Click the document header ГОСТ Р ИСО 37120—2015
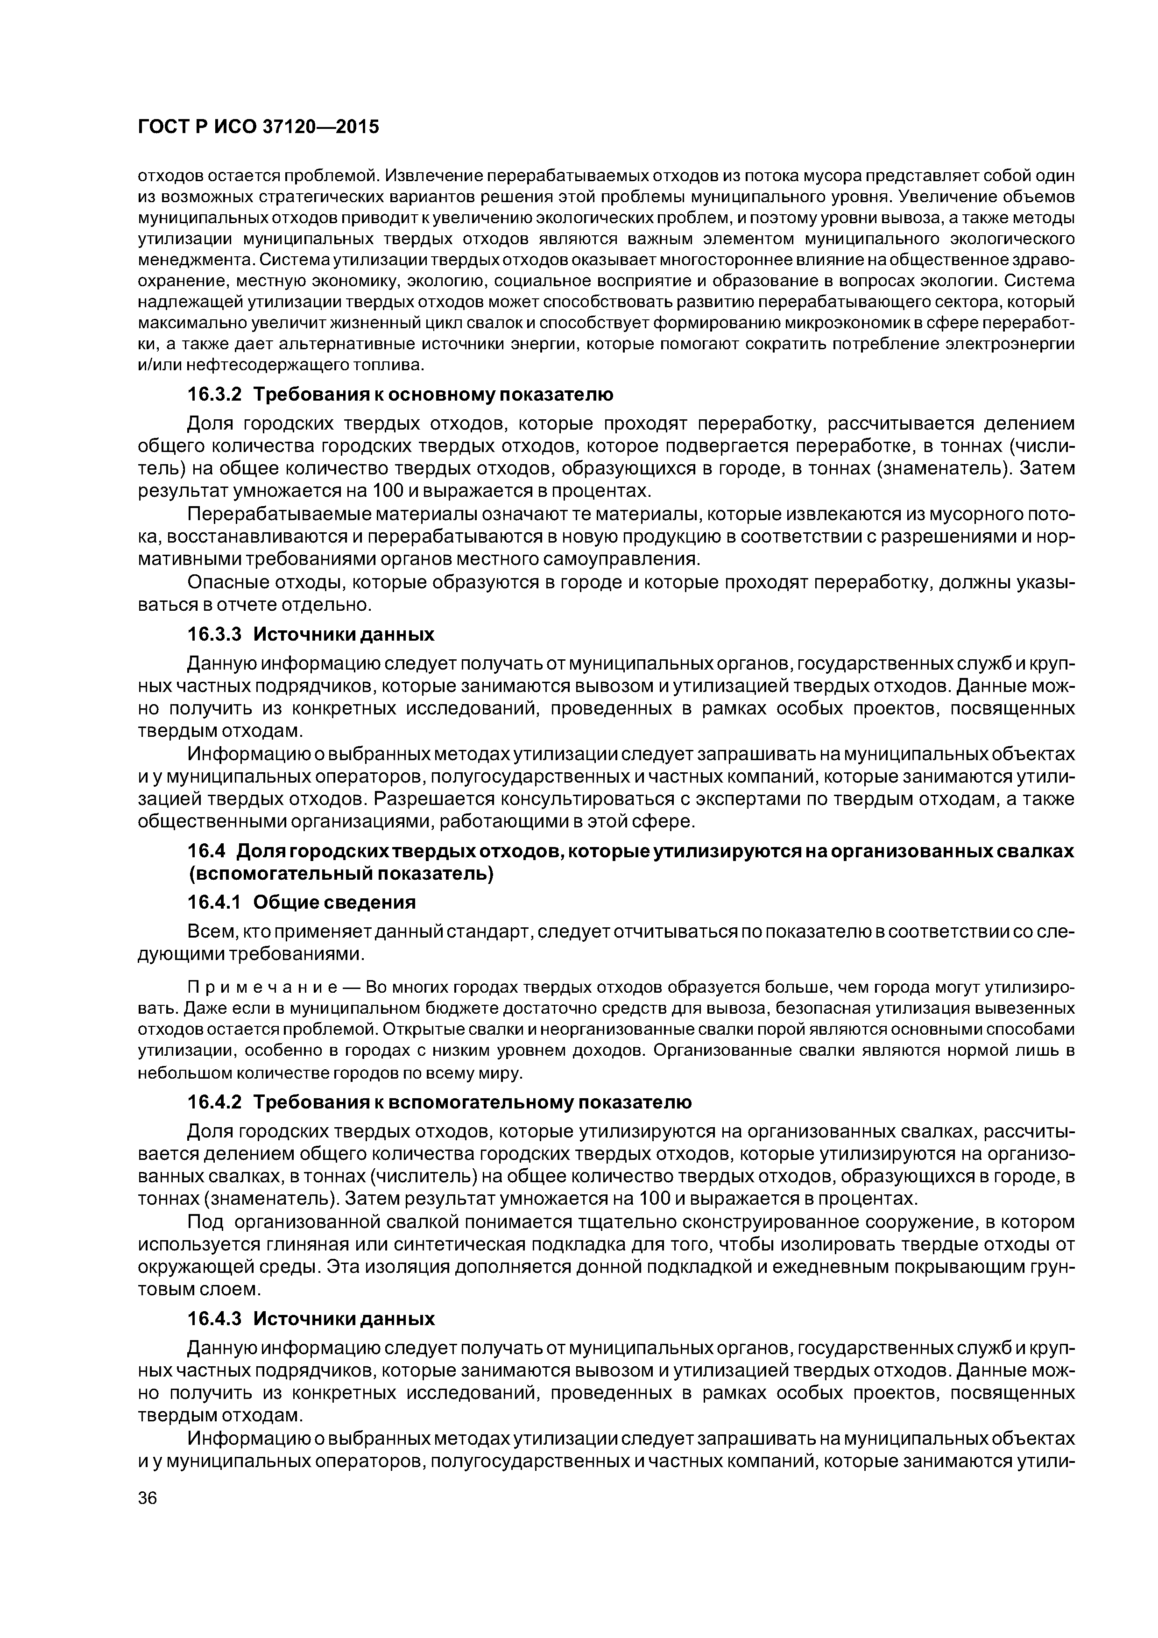258,127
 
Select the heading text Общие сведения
335,903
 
